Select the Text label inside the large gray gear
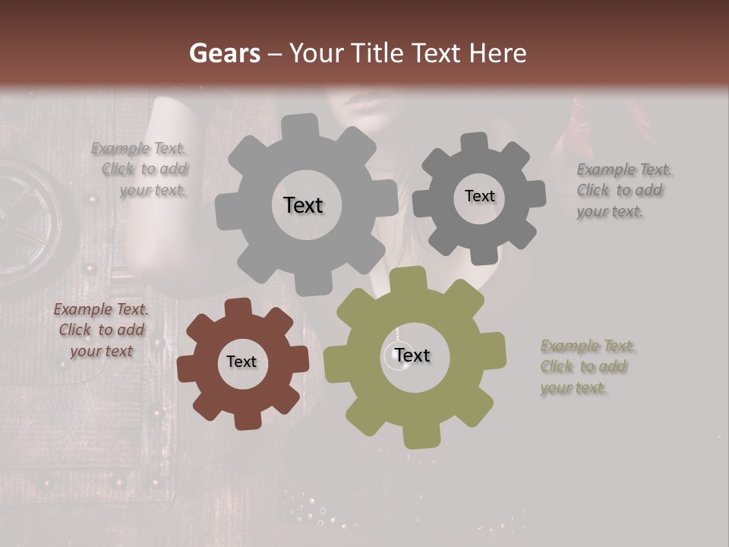[x=303, y=205]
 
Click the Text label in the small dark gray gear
[x=479, y=196]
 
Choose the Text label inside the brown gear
[x=241, y=362]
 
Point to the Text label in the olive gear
[x=412, y=356]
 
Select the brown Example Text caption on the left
[x=101, y=330]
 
